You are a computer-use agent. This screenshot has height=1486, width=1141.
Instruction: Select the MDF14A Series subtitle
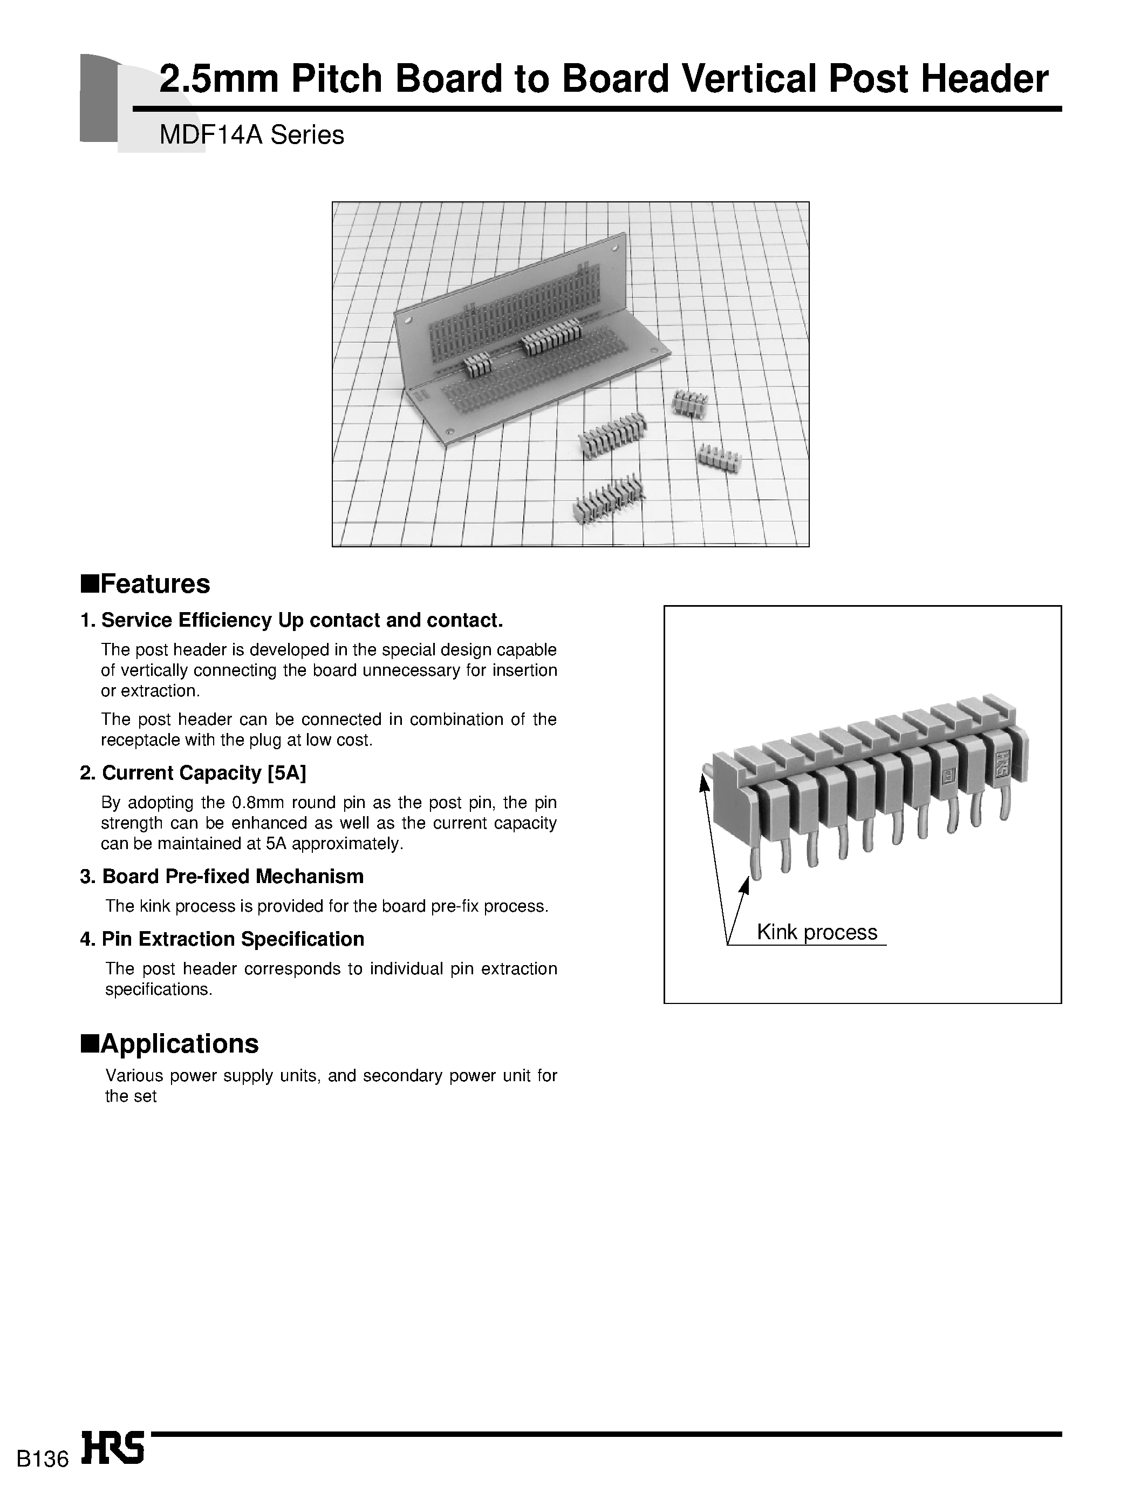(x=251, y=135)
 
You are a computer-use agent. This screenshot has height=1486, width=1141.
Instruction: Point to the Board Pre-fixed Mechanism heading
(x=233, y=877)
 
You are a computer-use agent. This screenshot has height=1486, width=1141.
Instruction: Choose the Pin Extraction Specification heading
(x=233, y=939)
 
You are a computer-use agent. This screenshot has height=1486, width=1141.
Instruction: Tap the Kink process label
(x=817, y=932)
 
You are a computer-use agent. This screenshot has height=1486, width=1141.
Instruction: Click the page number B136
(x=42, y=1460)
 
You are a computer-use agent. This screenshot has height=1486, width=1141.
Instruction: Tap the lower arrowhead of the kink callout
(x=745, y=885)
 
